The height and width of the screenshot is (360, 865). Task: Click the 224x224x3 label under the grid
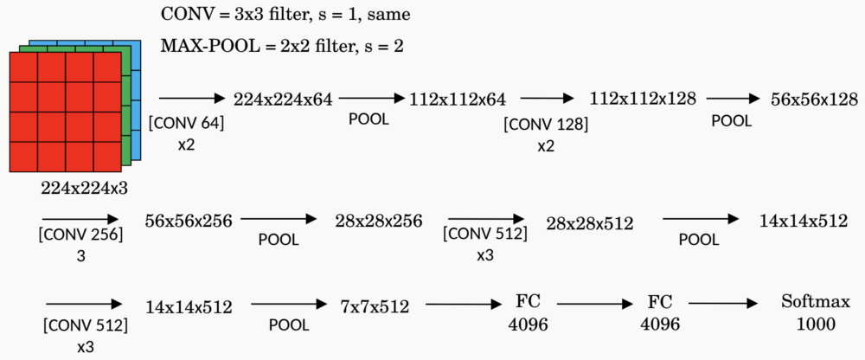click(84, 187)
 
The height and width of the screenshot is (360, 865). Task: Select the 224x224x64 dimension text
click(284, 100)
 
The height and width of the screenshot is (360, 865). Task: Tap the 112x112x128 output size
click(643, 98)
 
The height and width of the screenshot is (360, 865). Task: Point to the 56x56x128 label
click(814, 100)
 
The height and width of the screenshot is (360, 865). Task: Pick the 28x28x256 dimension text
click(379, 221)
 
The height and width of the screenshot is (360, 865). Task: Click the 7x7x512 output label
click(375, 305)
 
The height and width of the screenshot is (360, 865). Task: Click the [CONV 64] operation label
click(187, 124)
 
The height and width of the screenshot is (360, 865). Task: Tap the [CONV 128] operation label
click(546, 125)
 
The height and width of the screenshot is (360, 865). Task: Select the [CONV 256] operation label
click(80, 235)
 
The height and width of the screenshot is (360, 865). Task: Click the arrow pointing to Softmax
click(724, 304)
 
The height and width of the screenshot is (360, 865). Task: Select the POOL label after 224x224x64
click(368, 119)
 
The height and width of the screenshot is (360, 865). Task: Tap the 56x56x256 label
click(189, 221)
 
